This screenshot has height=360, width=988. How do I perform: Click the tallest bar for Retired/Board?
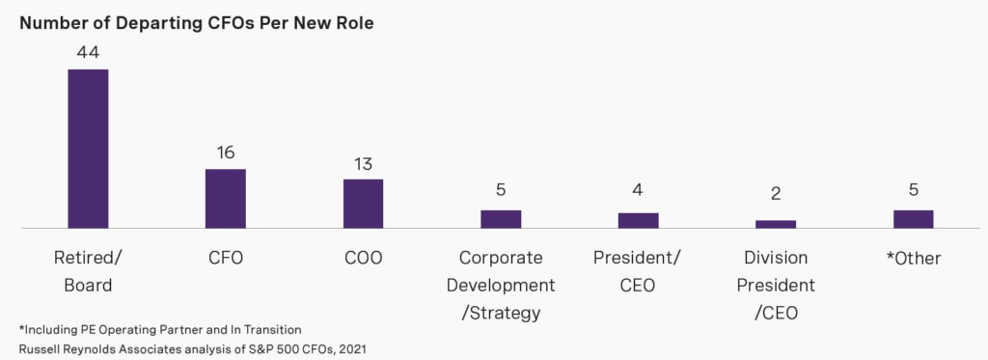88,149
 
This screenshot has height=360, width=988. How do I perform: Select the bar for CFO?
225,199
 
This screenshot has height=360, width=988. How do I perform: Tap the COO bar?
363,204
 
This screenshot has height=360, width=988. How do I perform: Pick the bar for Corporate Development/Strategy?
501,219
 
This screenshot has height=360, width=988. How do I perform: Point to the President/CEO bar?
638,220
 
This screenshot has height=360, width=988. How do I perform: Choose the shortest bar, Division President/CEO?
776,224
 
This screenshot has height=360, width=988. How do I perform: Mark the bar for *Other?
913,219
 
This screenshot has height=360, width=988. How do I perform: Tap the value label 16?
226,152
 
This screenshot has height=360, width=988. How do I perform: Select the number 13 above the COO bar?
363,163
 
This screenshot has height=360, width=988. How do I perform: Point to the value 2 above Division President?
776,194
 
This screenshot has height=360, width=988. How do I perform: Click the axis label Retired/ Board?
88,271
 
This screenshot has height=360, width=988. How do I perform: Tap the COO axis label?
363,258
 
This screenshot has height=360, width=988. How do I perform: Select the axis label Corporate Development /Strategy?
501,285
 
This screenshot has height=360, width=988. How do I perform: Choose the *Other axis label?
913,258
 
